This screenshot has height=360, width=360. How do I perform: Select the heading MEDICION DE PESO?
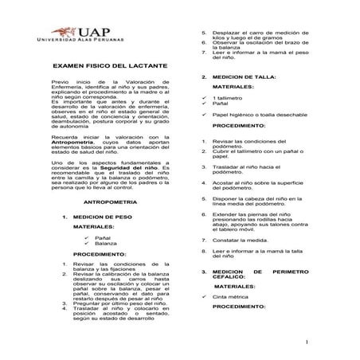(x=101, y=217)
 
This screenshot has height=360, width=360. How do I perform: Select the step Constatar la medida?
(x=241, y=240)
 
